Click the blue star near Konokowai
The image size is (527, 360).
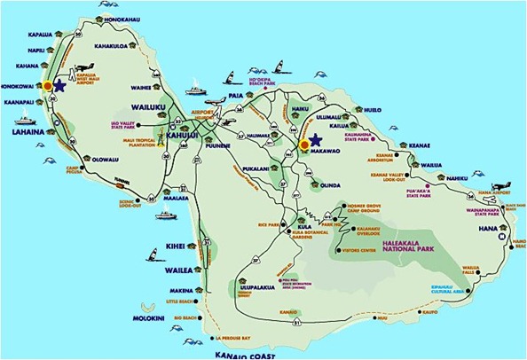tap(59, 85)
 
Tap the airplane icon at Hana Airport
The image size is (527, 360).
tap(495, 177)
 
